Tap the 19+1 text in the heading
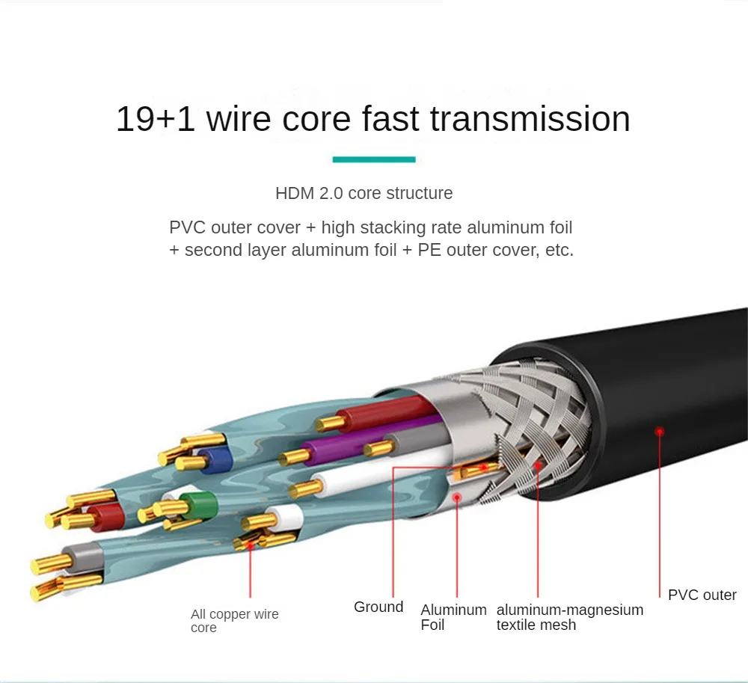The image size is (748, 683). (155, 120)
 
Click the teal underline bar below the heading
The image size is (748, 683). (374, 159)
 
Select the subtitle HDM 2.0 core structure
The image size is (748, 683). (364, 193)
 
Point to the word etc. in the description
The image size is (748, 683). (556, 250)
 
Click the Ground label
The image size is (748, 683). (378, 607)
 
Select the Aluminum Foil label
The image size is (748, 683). (453, 617)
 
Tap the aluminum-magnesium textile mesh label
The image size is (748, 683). (569, 617)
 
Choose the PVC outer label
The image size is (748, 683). (702, 595)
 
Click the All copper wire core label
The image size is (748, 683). (234, 620)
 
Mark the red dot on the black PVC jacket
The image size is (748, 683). (659, 431)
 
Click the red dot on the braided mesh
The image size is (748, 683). (537, 465)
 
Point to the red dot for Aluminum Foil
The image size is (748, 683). (456, 496)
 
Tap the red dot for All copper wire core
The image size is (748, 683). (251, 545)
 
